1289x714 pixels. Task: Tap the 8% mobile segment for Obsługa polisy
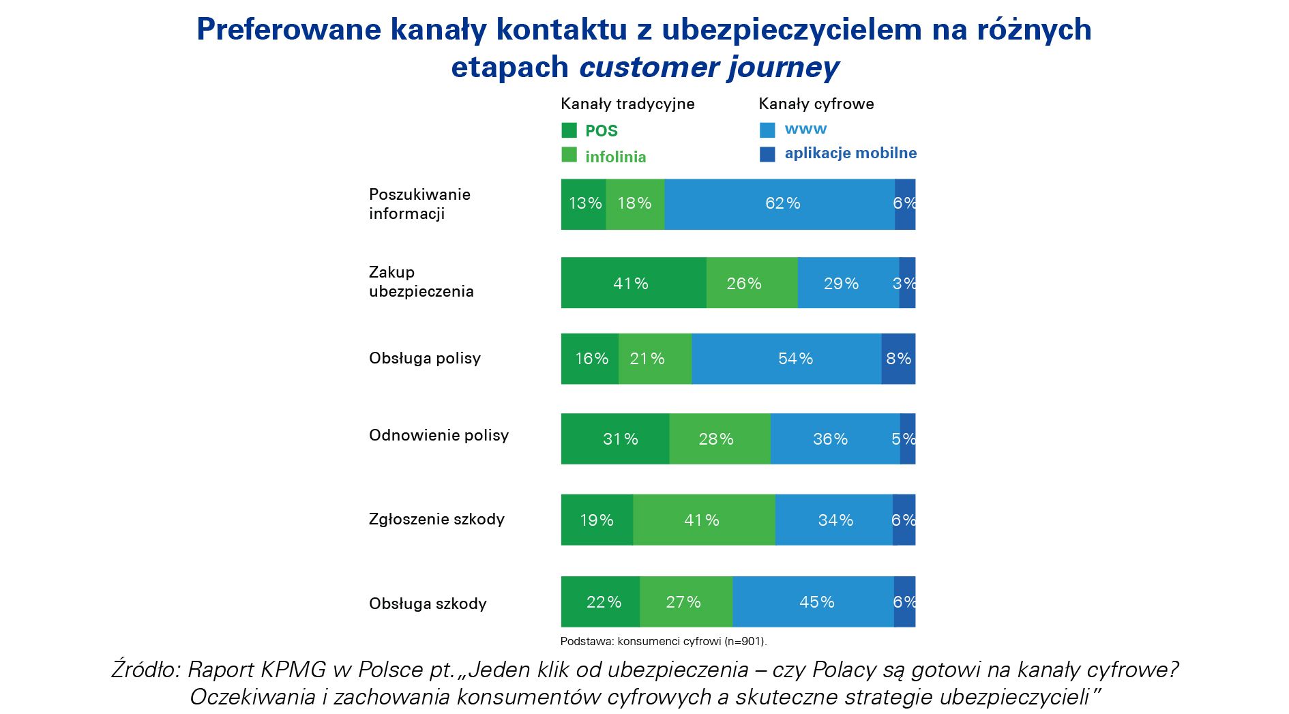[x=898, y=359]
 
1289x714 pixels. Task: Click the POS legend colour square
[x=569, y=130]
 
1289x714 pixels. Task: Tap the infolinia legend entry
[x=615, y=157]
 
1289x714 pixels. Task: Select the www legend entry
[x=805, y=129]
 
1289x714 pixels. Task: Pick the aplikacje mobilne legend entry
[x=850, y=153]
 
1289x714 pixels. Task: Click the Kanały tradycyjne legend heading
[x=627, y=104]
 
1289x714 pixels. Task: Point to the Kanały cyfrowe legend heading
[x=816, y=104]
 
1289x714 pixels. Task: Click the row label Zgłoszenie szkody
[x=436, y=520]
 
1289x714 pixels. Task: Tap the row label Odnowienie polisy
[x=439, y=436]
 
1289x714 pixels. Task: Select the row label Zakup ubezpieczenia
[x=421, y=282]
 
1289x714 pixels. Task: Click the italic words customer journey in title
[x=709, y=68]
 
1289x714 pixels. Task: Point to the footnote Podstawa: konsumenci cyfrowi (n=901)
[x=663, y=641]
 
